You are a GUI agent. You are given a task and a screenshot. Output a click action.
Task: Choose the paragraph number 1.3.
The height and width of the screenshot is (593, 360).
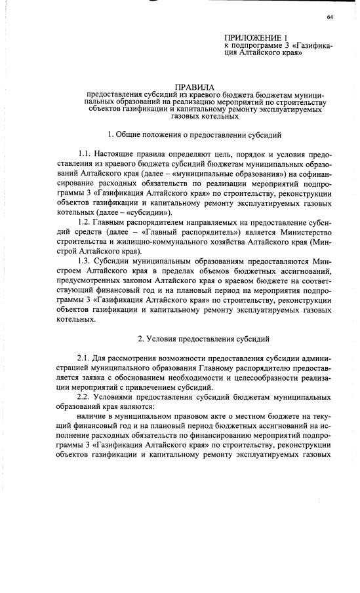coord(85,261)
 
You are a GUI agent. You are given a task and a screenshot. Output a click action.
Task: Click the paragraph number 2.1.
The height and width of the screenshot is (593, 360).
coord(85,358)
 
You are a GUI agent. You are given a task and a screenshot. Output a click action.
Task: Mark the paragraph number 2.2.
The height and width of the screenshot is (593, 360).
coord(85,398)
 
